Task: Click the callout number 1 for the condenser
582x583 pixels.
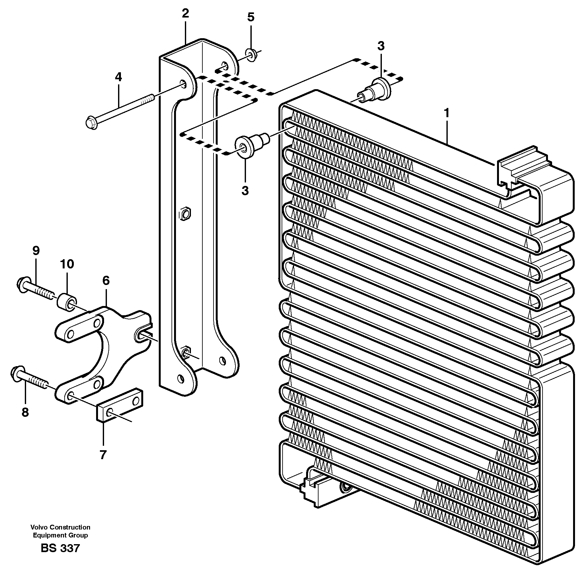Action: click(x=447, y=113)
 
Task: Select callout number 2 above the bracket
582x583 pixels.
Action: click(x=185, y=13)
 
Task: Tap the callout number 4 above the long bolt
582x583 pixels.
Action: click(x=118, y=77)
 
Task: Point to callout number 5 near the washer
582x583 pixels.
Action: click(x=251, y=17)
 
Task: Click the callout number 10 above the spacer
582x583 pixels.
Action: click(x=67, y=264)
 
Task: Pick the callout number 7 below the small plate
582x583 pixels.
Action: click(x=102, y=455)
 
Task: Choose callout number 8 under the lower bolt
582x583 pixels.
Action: click(x=25, y=412)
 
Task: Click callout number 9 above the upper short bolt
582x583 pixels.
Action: click(x=36, y=251)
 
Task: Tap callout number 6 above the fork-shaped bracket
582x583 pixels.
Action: click(x=106, y=281)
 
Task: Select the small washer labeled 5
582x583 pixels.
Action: click(x=251, y=55)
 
